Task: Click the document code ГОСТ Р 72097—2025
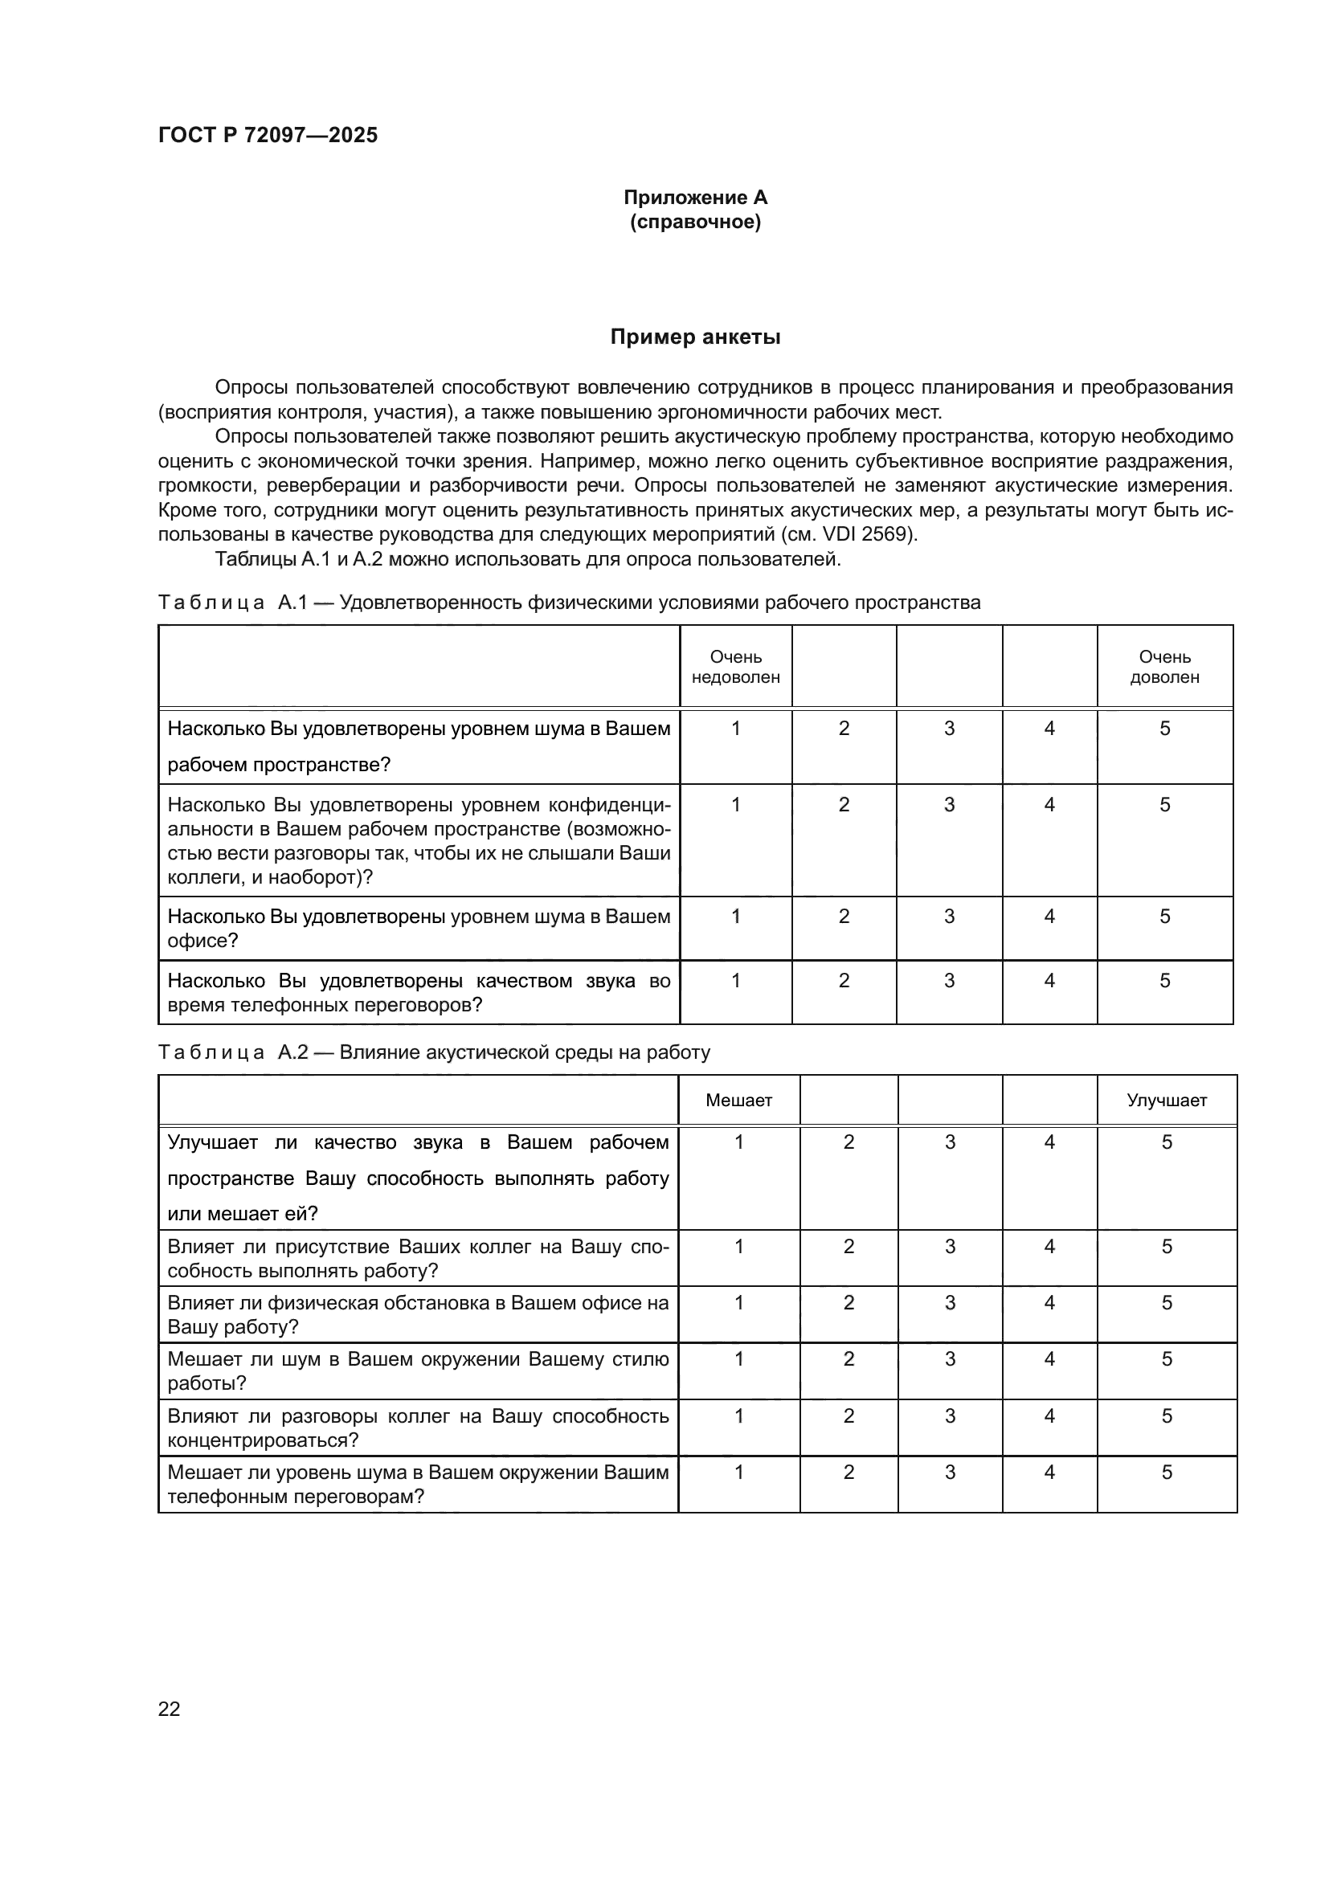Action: (268, 135)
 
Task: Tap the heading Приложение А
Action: (695, 198)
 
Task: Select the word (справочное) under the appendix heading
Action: (695, 223)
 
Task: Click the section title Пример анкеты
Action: (695, 337)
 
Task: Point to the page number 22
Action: (170, 1709)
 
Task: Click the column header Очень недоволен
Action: (736, 667)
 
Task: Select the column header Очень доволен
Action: (1164, 667)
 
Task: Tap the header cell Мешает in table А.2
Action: (738, 1101)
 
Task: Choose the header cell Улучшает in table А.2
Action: (1166, 1101)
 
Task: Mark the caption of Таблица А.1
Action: (569, 603)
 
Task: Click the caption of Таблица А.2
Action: (434, 1052)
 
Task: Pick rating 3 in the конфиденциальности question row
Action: (949, 805)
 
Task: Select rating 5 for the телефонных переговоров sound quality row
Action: (1164, 980)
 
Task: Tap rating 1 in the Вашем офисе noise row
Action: (736, 917)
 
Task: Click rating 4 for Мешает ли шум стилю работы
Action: (1049, 1359)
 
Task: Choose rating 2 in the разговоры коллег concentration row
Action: (849, 1416)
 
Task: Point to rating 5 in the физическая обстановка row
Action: (1166, 1303)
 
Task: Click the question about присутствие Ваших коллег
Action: (417, 1259)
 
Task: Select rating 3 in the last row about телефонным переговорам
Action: (949, 1473)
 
